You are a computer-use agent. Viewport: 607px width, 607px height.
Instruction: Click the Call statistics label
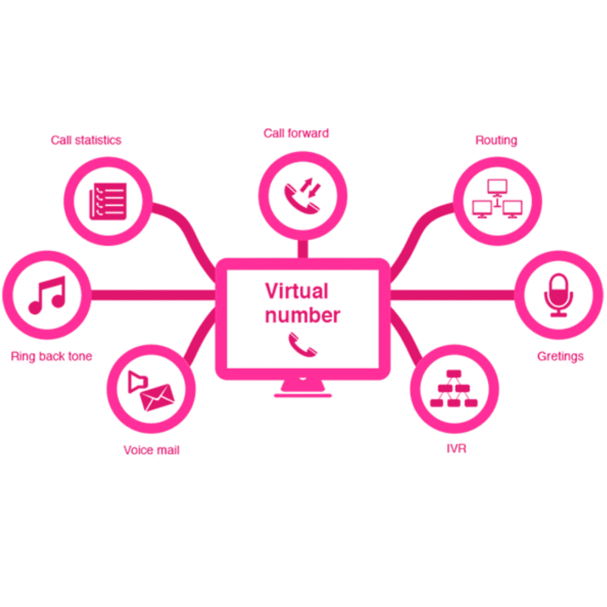click(86, 140)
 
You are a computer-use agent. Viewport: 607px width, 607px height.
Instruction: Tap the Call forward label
click(296, 133)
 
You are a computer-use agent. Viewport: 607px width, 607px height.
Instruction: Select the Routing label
click(496, 140)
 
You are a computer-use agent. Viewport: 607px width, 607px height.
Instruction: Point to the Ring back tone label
click(52, 356)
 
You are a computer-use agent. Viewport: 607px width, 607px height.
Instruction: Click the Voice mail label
click(151, 450)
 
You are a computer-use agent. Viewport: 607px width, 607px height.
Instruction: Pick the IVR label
click(456, 449)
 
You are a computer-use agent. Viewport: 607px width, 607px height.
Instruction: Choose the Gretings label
click(560, 356)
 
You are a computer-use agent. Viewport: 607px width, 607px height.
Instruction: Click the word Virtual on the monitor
click(296, 291)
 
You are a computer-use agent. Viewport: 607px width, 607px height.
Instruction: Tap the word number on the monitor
click(302, 315)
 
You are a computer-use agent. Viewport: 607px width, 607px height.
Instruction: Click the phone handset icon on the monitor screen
click(302, 344)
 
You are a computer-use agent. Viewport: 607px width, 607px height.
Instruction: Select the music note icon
click(47, 295)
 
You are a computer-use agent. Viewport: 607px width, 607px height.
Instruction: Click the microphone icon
click(558, 295)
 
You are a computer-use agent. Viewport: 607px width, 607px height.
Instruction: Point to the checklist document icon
click(108, 202)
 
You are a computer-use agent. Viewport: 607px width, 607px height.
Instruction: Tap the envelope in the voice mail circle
click(157, 397)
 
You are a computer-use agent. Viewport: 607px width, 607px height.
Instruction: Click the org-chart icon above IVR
click(453, 388)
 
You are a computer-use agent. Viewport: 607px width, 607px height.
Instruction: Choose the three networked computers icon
click(497, 199)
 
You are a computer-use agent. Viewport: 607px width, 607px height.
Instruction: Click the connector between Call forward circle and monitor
click(303, 248)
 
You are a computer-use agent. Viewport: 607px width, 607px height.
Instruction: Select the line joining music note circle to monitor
click(154, 295)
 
